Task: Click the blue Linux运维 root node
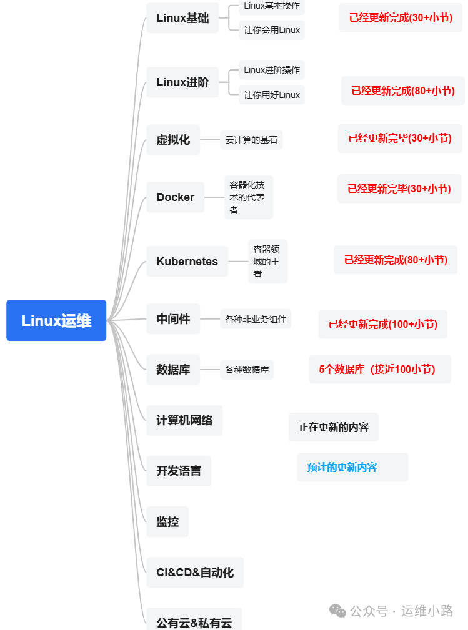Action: [56, 320]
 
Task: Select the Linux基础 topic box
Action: [182, 18]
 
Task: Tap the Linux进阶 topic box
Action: [182, 82]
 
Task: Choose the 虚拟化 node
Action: [173, 140]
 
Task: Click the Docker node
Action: [175, 197]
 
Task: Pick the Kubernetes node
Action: [187, 262]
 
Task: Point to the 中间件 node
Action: [173, 319]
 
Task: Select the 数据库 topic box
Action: [173, 370]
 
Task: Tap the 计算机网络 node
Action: [184, 420]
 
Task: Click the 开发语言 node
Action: [179, 471]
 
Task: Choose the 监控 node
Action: [167, 521]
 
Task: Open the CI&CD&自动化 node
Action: [195, 572]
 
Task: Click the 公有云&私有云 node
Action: [194, 622]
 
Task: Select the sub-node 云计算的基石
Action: [251, 140]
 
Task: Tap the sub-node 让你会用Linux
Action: [272, 30]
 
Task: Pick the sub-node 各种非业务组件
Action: [256, 319]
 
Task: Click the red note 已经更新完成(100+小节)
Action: [382, 324]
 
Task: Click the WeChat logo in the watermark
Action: [337, 611]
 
